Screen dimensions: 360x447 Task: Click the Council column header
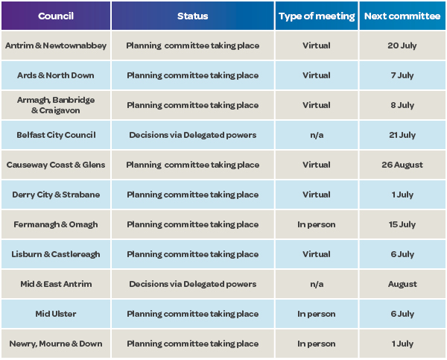click(56, 16)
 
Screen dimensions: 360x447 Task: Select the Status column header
click(193, 16)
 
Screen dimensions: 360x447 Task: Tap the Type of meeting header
click(317, 16)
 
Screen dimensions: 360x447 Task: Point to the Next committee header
click(402, 16)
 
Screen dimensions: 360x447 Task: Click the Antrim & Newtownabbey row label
click(56, 45)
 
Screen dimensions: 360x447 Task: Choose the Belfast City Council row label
click(56, 135)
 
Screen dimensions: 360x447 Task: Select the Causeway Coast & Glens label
click(56, 165)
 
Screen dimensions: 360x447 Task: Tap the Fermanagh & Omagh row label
click(56, 224)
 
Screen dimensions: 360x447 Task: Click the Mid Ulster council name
click(56, 314)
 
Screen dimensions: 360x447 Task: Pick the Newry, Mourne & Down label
click(56, 344)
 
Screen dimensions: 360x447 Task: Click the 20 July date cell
click(402, 45)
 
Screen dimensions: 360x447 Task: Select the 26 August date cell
click(402, 165)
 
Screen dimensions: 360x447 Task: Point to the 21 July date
click(402, 135)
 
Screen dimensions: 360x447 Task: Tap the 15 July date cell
click(402, 224)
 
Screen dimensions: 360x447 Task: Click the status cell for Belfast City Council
click(193, 135)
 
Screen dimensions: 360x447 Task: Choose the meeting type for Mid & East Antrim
click(317, 284)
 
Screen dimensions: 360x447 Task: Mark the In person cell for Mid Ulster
click(317, 314)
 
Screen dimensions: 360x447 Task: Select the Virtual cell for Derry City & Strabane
click(317, 195)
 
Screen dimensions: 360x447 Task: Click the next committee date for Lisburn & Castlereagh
click(402, 254)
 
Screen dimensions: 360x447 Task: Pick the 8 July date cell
click(402, 105)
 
